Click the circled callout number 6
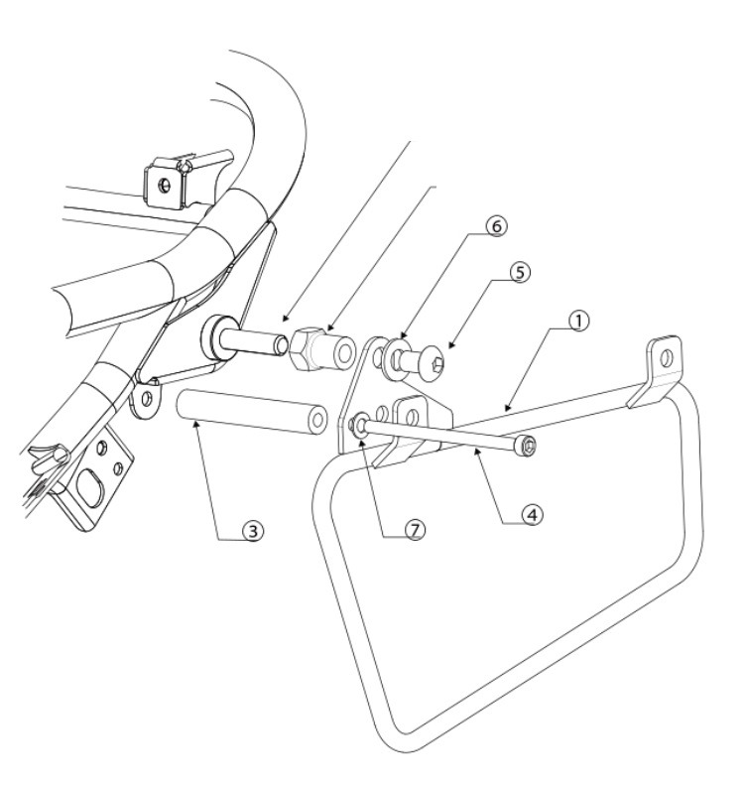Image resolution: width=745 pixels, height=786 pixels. [496, 226]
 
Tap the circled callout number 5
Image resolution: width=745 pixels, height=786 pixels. [520, 273]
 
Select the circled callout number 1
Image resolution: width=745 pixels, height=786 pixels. [578, 321]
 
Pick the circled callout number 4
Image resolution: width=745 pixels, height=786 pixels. [532, 514]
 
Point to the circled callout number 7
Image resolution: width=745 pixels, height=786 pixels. [415, 529]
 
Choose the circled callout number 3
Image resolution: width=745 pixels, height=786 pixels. [253, 530]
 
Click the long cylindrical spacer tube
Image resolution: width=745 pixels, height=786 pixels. [252, 412]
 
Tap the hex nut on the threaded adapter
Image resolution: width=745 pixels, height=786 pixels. [303, 348]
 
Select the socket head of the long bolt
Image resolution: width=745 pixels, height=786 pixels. [526, 445]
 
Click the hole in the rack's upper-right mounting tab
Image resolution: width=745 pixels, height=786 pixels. [666, 358]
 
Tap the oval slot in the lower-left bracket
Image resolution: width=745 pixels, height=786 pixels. [88, 487]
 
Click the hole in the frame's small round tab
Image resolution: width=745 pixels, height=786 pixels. [146, 399]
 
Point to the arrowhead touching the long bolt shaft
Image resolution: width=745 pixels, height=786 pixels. [477, 453]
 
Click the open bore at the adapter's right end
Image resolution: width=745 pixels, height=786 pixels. [344, 353]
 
